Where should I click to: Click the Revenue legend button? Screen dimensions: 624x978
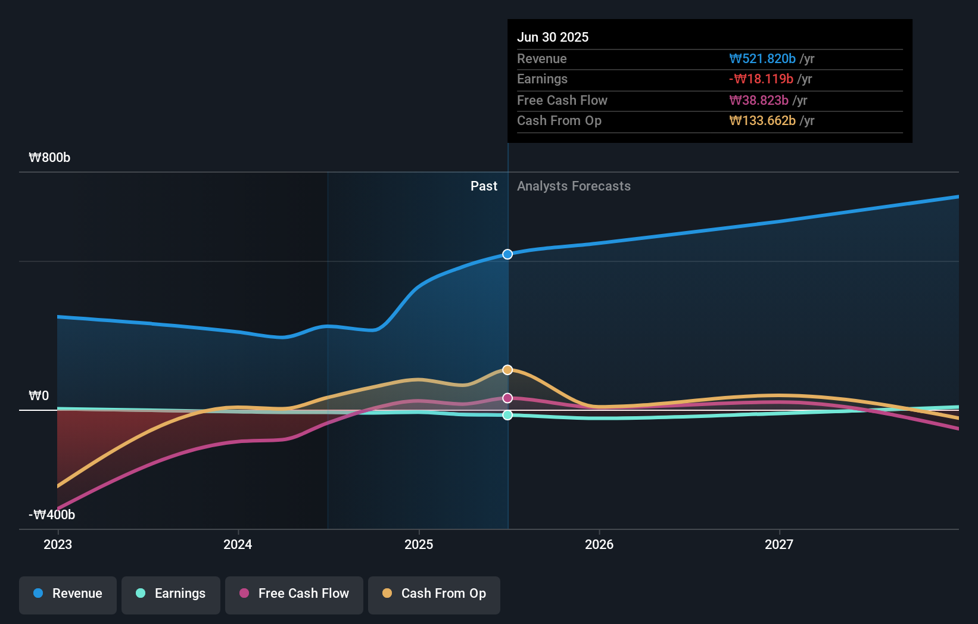68,594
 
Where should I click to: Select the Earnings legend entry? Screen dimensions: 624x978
171,594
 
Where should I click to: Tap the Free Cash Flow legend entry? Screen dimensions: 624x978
294,594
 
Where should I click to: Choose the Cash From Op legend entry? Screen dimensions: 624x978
434,594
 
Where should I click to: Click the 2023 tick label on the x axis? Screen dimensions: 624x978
58,545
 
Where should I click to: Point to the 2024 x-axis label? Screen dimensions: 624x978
238,545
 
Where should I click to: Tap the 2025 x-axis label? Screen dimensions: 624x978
419,545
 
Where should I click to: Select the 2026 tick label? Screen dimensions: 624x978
599,545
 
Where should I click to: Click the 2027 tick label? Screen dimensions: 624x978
779,545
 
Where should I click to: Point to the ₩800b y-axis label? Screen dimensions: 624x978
49,158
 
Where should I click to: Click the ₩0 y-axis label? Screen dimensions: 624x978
39,396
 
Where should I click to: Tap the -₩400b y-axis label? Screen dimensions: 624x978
52,515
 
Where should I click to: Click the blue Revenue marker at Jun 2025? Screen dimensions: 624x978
507,254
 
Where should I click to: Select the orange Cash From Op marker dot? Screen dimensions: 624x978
507,370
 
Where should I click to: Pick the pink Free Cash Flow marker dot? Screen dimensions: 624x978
507,398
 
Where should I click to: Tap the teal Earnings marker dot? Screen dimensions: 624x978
507,415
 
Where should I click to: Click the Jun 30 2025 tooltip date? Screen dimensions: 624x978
553,38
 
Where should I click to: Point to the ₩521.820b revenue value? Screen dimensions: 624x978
762,59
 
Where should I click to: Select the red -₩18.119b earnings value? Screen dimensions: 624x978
761,79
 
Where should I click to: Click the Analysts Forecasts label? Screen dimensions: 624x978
574,186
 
